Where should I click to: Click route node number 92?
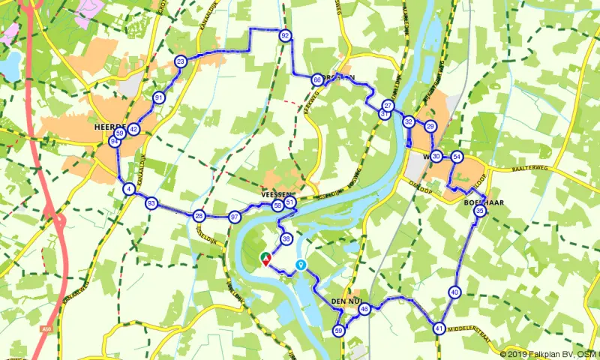click(285, 35)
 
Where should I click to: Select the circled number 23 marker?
click(180, 61)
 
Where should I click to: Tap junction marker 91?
click(159, 97)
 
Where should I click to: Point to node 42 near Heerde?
click(133, 129)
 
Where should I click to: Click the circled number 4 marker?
click(129, 189)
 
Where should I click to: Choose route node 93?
click(151, 203)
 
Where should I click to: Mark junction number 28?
click(199, 216)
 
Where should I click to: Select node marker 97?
click(235, 217)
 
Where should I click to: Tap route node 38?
click(286, 239)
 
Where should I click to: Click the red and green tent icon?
click(265, 258)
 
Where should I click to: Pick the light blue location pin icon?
click(301, 265)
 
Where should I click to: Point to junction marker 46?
click(364, 309)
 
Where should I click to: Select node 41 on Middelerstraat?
click(439, 328)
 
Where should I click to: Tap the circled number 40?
click(454, 292)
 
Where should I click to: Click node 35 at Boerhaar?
click(480, 212)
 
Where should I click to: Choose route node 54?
click(457, 157)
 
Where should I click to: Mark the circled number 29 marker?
click(430, 127)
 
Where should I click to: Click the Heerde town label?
click(109, 128)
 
